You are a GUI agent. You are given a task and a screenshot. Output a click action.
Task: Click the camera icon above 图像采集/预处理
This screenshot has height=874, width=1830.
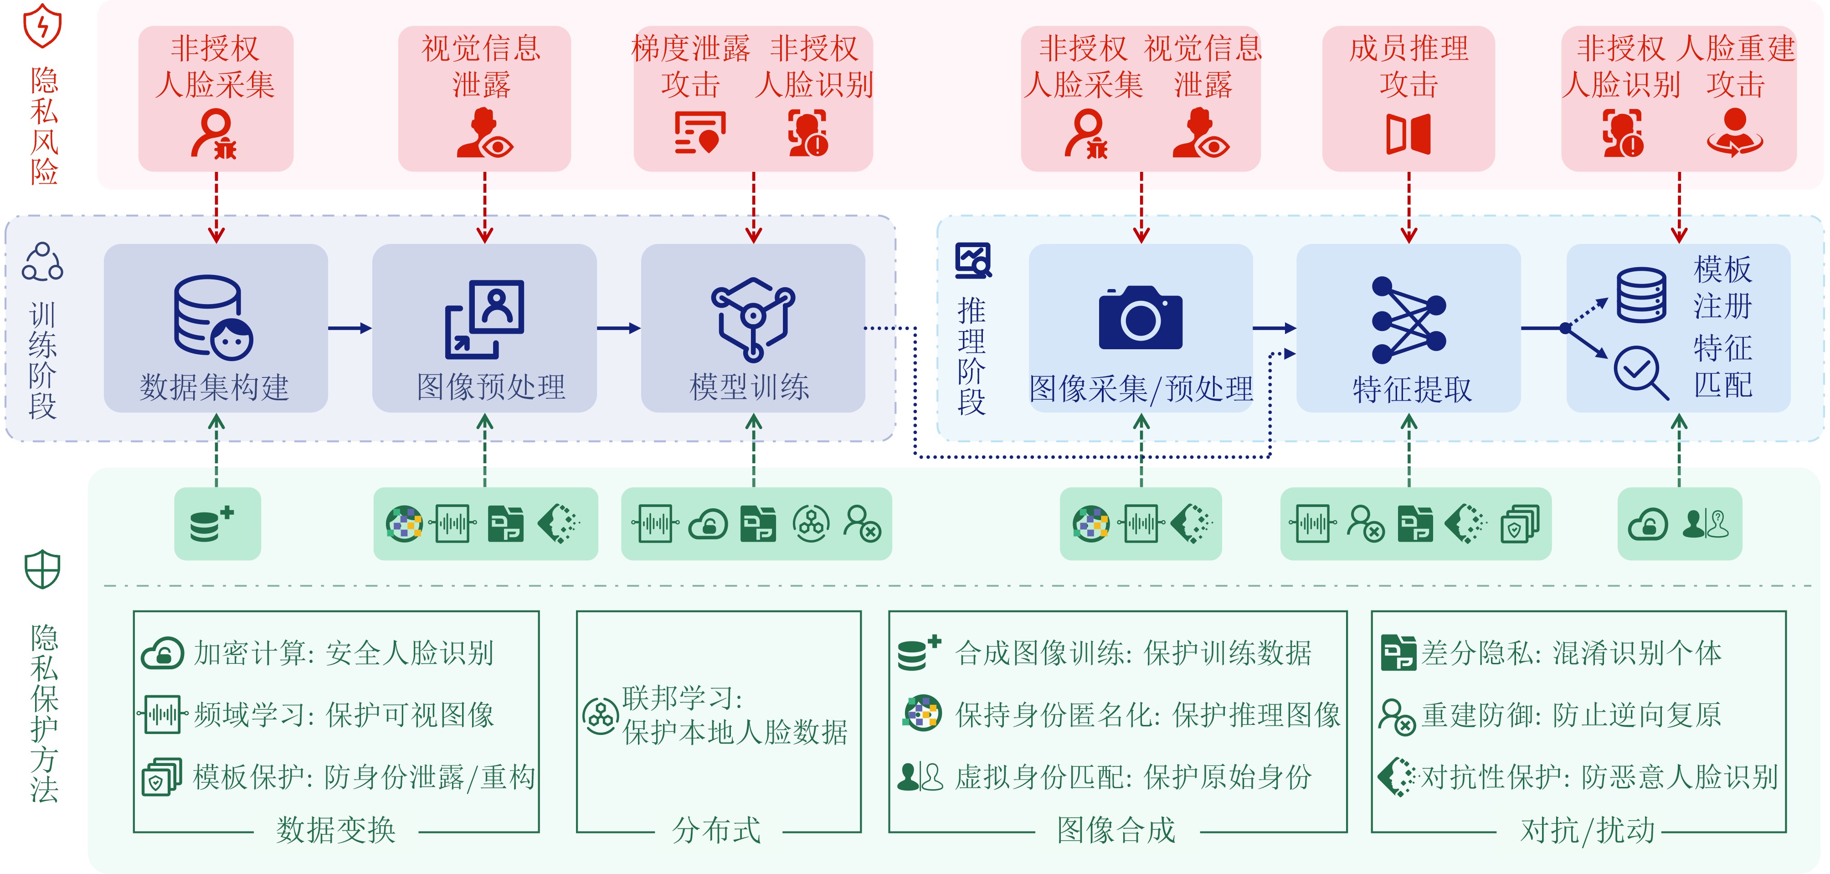pyautogui.click(x=1140, y=318)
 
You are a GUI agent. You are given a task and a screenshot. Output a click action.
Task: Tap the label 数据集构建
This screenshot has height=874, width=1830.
pyautogui.click(x=215, y=387)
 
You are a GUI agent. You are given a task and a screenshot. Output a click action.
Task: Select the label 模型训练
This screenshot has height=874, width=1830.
pyautogui.click(x=750, y=387)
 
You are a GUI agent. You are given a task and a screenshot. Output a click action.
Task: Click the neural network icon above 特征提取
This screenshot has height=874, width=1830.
pyautogui.click(x=1409, y=320)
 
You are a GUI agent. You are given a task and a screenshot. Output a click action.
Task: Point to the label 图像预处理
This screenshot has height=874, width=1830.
pyautogui.click(x=491, y=387)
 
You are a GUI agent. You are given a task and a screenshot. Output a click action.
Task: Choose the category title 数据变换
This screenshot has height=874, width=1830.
pyautogui.click(x=335, y=830)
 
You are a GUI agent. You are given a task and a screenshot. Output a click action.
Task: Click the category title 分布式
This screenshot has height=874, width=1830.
pyautogui.click(x=716, y=830)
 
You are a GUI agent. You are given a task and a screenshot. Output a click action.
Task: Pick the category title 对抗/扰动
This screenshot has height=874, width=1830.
pyautogui.click(x=1587, y=830)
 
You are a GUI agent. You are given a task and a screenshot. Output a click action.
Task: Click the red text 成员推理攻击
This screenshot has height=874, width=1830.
pyautogui.click(x=1409, y=66)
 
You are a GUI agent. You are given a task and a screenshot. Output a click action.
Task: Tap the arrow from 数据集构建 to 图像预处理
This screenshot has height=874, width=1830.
pyautogui.click(x=350, y=328)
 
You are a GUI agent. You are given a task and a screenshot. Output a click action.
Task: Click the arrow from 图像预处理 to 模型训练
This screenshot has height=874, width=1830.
pyautogui.click(x=618, y=328)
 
